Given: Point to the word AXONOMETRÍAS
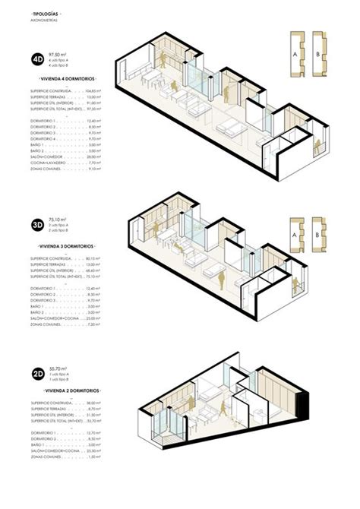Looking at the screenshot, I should [x=47, y=22].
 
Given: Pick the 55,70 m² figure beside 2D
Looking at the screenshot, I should [x=58, y=367].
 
